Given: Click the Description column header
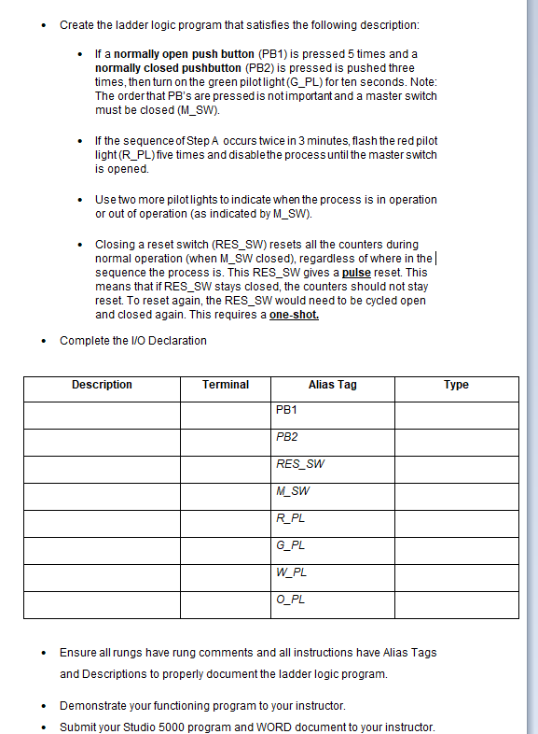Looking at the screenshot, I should (x=102, y=385).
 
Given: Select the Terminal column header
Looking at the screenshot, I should (x=226, y=385).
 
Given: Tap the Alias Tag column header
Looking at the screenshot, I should (x=333, y=385).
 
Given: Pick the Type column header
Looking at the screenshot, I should (x=456, y=385).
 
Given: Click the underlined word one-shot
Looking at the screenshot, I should (x=294, y=315).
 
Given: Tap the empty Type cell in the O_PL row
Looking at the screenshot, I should (x=456, y=604).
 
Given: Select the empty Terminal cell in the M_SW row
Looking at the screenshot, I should (x=226, y=496).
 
